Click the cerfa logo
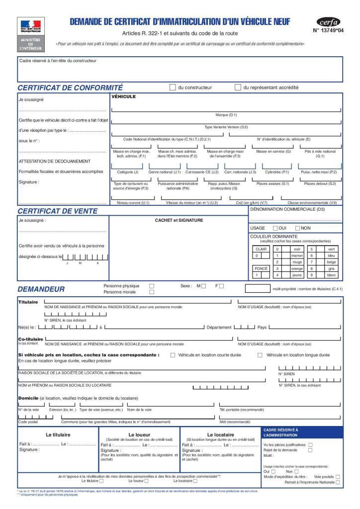point(329,21)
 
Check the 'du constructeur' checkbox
point(173,87)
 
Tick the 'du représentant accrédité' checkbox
point(238,87)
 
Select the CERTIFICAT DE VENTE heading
point(57,211)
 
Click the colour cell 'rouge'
point(297,261)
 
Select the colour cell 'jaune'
point(297,274)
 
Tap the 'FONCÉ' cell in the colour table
point(261,268)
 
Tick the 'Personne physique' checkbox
point(152,286)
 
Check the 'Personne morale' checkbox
point(152,292)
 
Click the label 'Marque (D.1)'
point(226,115)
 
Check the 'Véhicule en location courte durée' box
point(173,355)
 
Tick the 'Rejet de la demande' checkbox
point(310,450)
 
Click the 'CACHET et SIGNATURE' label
point(179,220)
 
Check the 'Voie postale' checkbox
point(338,477)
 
